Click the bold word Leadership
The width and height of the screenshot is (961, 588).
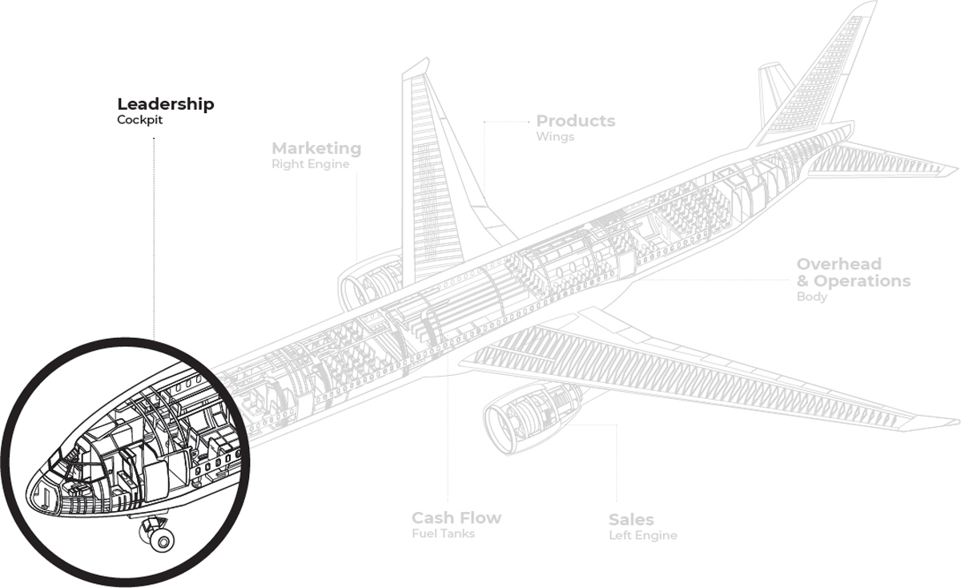click(166, 104)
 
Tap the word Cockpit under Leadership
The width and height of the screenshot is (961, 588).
click(139, 121)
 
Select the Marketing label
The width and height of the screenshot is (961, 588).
click(316, 148)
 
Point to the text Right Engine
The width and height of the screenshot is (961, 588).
click(311, 164)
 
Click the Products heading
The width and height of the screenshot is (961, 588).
click(576, 121)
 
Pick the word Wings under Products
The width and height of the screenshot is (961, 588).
click(555, 137)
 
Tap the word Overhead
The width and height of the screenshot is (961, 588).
click(838, 264)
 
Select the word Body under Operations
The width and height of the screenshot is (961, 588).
click(811, 297)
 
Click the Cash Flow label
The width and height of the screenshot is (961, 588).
click(456, 518)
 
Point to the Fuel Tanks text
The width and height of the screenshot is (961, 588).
click(443, 534)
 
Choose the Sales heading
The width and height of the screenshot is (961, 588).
click(631, 519)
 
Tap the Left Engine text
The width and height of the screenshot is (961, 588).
click(643, 535)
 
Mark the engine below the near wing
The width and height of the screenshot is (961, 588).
click(529, 413)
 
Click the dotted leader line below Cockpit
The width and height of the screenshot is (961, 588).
click(154, 240)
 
